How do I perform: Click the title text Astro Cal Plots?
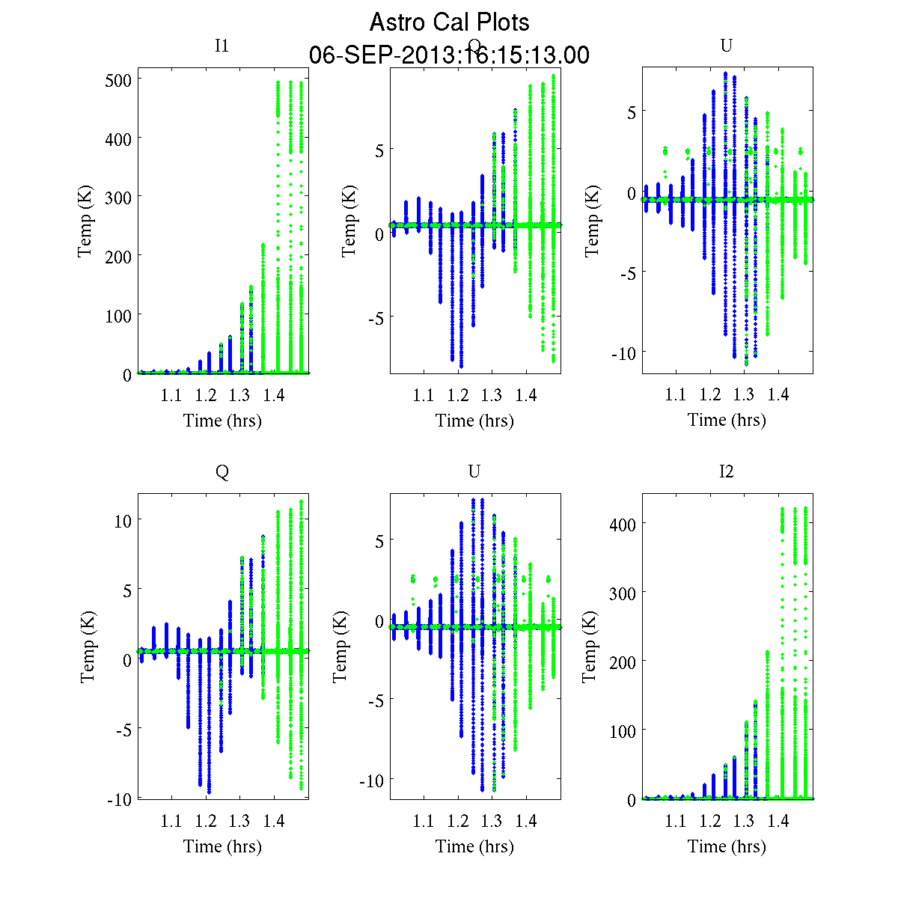click(x=449, y=22)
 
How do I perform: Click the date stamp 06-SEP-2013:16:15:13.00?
click(x=449, y=55)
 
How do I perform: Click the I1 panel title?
click(x=222, y=46)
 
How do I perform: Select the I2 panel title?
click(x=726, y=471)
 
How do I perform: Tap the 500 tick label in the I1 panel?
click(x=119, y=80)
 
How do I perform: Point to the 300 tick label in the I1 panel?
click(x=119, y=198)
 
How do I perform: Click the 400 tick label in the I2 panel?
click(x=622, y=524)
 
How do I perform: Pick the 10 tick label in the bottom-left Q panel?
click(x=123, y=521)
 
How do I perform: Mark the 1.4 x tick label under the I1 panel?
click(x=274, y=395)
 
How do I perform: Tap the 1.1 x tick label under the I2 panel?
click(x=676, y=822)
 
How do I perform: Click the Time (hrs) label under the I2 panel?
click(x=727, y=846)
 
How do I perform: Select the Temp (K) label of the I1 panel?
click(x=85, y=226)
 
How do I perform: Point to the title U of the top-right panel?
click(x=726, y=46)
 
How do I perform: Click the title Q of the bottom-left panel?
click(x=222, y=471)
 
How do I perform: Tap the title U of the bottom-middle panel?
click(x=474, y=471)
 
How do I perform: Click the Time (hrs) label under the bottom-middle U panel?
click(x=474, y=846)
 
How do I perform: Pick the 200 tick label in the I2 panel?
click(x=622, y=662)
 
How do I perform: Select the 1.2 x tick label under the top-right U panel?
click(x=710, y=395)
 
